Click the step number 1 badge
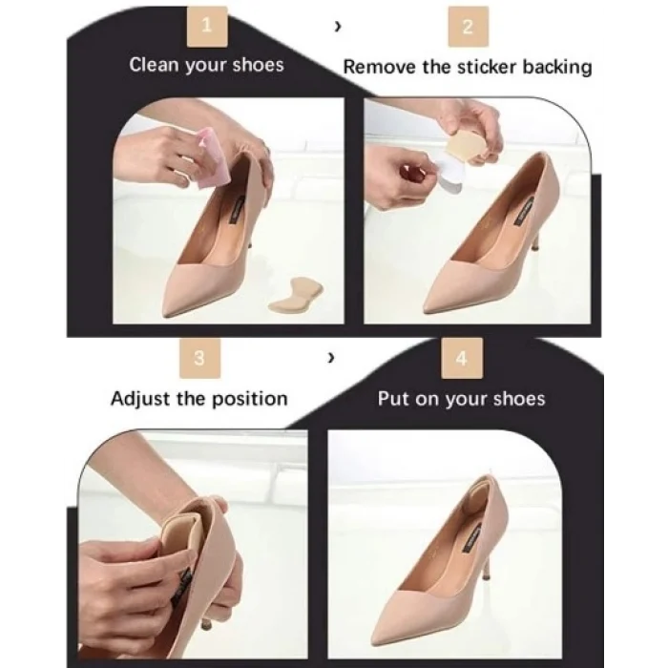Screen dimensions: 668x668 (x=207, y=27)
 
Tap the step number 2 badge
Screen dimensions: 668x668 (x=469, y=27)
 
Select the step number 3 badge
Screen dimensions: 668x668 (x=199, y=358)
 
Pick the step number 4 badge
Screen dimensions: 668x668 (x=462, y=358)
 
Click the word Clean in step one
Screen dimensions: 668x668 (x=154, y=65)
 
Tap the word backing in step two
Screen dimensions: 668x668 (x=557, y=68)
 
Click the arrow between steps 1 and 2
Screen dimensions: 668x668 (x=338, y=27)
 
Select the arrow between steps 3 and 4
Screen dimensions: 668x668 (x=331, y=358)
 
